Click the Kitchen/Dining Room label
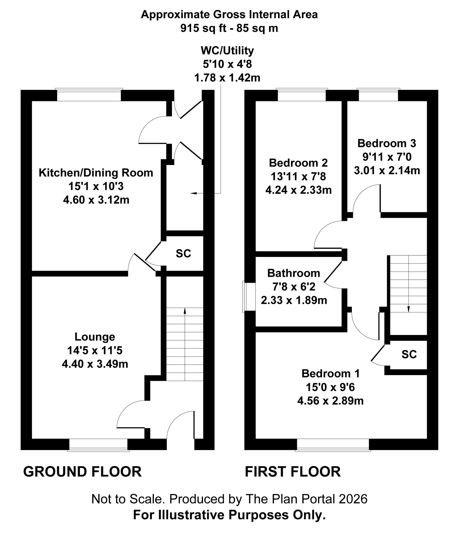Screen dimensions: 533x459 (x=96, y=173)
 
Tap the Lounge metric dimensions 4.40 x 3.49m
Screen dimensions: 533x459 (x=95, y=364)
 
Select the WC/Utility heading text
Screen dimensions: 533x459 (x=227, y=50)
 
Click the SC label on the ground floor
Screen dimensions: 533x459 (x=183, y=253)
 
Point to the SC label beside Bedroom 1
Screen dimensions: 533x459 (x=409, y=354)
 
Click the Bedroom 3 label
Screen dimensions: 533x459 (x=387, y=143)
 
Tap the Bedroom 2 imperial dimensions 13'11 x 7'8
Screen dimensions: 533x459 (x=298, y=177)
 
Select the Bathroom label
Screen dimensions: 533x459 (x=293, y=273)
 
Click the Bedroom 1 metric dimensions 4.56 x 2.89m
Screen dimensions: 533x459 (x=330, y=401)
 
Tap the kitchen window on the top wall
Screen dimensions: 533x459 (x=89, y=95)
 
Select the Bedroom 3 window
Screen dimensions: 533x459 (x=378, y=95)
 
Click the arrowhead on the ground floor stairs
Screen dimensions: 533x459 (x=185, y=310)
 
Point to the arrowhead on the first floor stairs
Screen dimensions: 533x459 (x=408, y=309)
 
